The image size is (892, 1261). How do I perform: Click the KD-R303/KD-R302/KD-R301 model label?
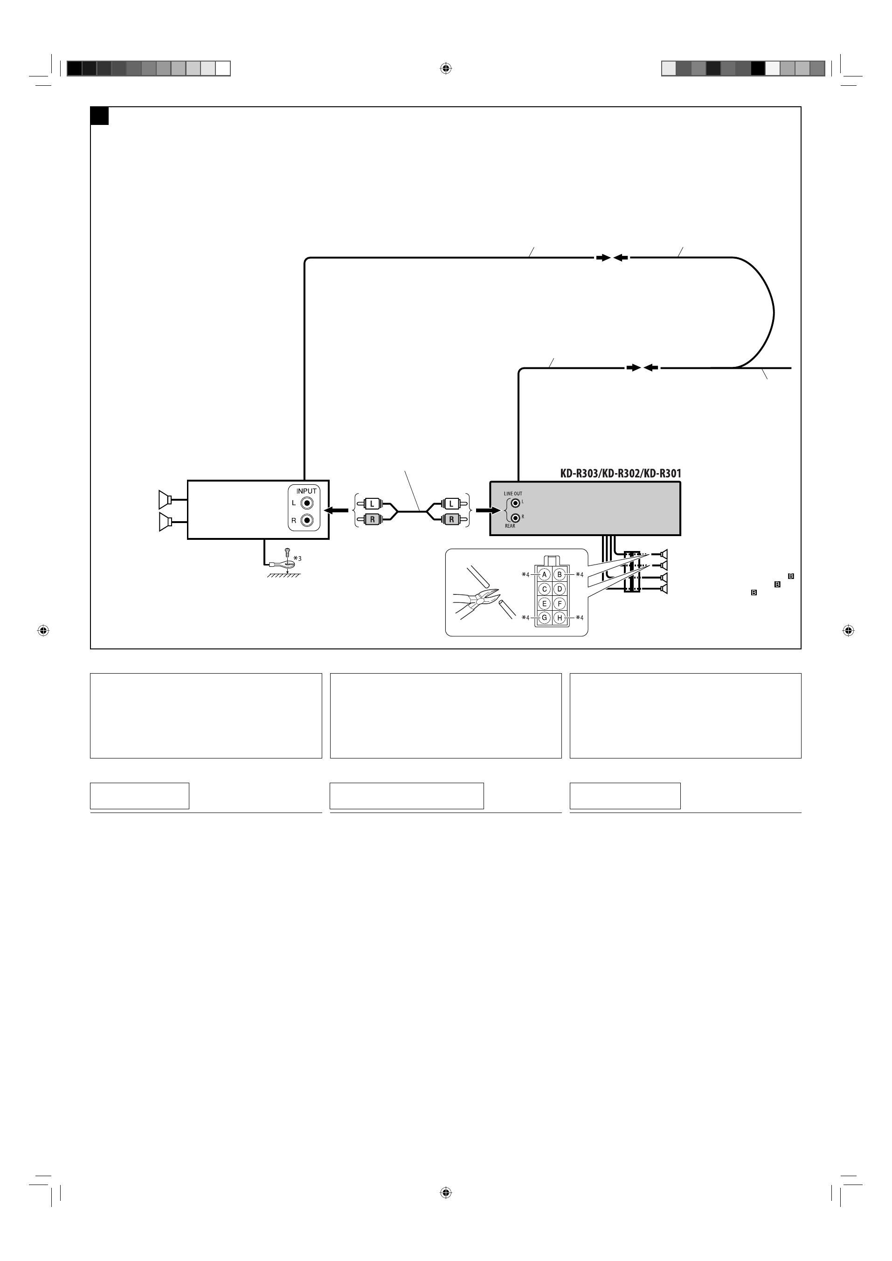coord(621,474)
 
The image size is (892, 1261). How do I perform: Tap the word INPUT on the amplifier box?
coord(306,491)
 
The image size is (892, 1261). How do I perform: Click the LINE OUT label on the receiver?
coord(513,494)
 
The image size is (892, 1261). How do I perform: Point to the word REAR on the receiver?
coord(510,526)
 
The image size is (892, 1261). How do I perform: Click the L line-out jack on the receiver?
coord(516,503)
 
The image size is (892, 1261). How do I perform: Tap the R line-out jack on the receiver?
coord(516,517)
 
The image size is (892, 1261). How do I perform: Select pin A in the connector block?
coord(544,574)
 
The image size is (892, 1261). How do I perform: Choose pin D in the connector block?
coord(559,589)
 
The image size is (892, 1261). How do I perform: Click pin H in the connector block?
coord(559,618)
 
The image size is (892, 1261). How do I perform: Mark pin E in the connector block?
coord(544,604)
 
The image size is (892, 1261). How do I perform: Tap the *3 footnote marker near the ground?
coord(297,558)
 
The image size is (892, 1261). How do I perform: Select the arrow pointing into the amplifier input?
coord(336,511)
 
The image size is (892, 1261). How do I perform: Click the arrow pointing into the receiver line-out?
coord(488,511)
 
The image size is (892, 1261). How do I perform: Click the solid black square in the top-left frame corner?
coord(99,116)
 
